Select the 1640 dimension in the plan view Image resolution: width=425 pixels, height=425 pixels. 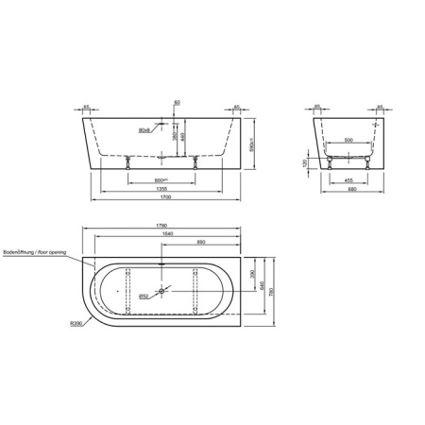(x=166, y=234)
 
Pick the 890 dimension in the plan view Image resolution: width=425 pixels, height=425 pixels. (x=201, y=243)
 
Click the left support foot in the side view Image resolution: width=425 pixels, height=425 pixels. (x=129, y=160)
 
